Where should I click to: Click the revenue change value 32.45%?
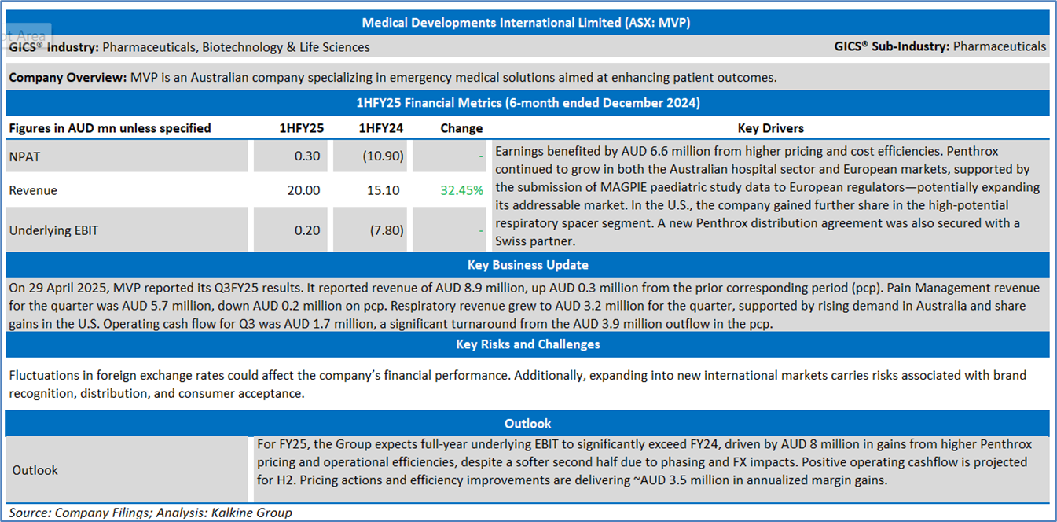pos(461,190)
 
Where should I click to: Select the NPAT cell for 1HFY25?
pos(307,156)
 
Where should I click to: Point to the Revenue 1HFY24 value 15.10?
pos(383,190)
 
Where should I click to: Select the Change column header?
pos(461,128)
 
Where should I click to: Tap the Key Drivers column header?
pos(770,128)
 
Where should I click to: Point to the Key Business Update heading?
pos(527,265)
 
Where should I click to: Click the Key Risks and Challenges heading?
pos(527,344)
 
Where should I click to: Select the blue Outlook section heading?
pos(527,423)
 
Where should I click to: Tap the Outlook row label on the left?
pos(35,470)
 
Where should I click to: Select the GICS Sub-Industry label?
pos(892,47)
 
